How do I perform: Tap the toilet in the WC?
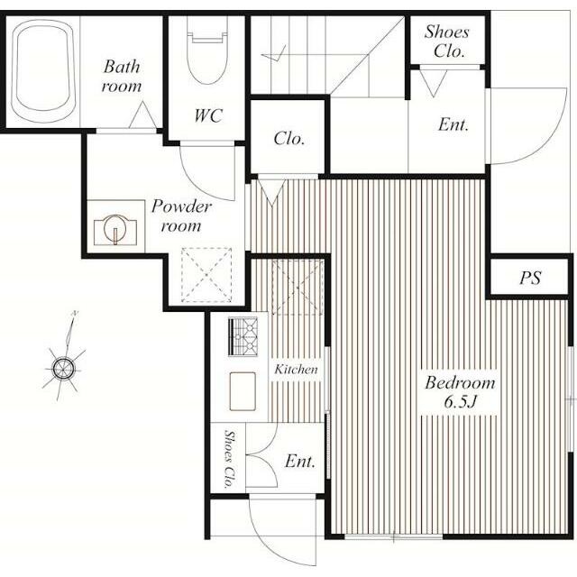pyautogui.click(x=206, y=50)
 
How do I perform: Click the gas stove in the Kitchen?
pyautogui.click(x=243, y=336)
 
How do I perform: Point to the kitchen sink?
pyautogui.click(x=243, y=391)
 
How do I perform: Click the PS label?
pyautogui.click(x=530, y=278)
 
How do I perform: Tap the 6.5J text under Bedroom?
pyautogui.click(x=461, y=401)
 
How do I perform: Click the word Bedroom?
pyautogui.click(x=460, y=382)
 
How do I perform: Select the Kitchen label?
pyautogui.click(x=296, y=369)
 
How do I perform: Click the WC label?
pyautogui.click(x=208, y=116)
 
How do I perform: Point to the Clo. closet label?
pyautogui.click(x=289, y=139)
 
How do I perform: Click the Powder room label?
pyautogui.click(x=181, y=216)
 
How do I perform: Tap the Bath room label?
pyautogui.click(x=122, y=76)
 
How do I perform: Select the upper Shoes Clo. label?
pyautogui.click(x=448, y=41)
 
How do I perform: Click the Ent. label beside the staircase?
pyautogui.click(x=453, y=124)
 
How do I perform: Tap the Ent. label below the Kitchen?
pyautogui.click(x=300, y=462)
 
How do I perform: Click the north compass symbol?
pyautogui.click(x=64, y=367)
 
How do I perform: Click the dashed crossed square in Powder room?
pyautogui.click(x=206, y=275)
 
